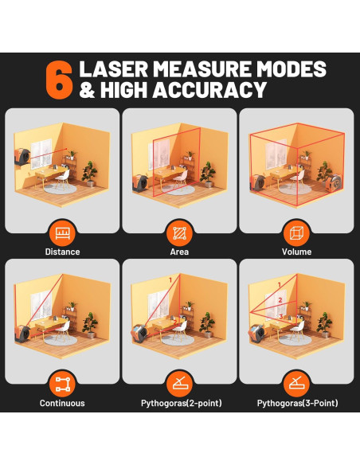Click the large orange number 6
pyautogui.click(x=59, y=80)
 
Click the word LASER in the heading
pyautogui.click(x=114, y=69)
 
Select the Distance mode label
pyautogui.click(x=62, y=252)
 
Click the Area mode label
pyautogui.click(x=179, y=252)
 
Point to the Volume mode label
pyautogui.click(x=296, y=252)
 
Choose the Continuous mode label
pyautogui.click(x=62, y=403)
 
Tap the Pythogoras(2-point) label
pyautogui.click(x=181, y=404)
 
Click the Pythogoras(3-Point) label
pyautogui.click(x=297, y=404)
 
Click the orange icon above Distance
pyautogui.click(x=62, y=233)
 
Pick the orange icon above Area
pyautogui.click(x=179, y=233)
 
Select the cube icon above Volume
pyautogui.click(x=296, y=233)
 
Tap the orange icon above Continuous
pyautogui.click(x=62, y=385)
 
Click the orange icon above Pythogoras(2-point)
pyautogui.click(x=179, y=385)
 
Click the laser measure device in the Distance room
pyautogui.click(x=22, y=157)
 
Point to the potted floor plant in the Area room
pyautogui.click(x=208, y=174)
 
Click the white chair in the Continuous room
pyautogui.click(x=63, y=330)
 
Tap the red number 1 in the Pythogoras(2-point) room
pyautogui.click(x=170, y=280)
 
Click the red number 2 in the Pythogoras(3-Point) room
pyautogui.click(x=280, y=300)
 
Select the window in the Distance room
pyautogui.click(x=41, y=154)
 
